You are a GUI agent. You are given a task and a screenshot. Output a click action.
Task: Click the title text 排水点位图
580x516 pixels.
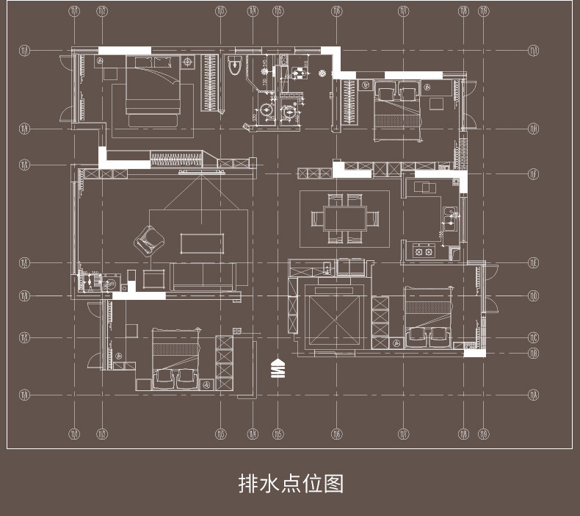pos(291,484)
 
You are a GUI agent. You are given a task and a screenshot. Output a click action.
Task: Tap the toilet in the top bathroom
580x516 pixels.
pos(235,65)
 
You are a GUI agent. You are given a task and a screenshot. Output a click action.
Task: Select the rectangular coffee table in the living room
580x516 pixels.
pos(201,243)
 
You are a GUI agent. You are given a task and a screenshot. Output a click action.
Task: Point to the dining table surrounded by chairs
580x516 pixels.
pos(344,218)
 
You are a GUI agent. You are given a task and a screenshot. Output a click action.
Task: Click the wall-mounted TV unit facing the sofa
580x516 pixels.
pos(201,172)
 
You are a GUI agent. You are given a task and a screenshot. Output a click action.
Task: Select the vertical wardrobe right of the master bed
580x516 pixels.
pos(210,83)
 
